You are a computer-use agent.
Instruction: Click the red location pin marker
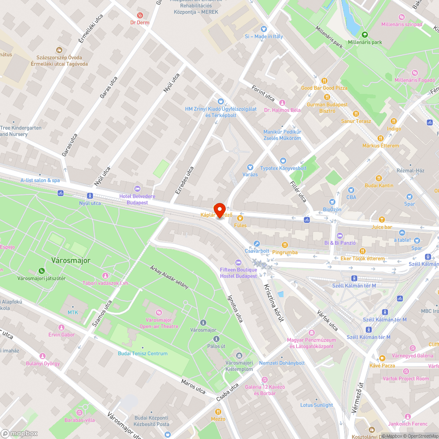tap(219, 210)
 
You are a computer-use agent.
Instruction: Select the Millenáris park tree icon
tap(364, 35)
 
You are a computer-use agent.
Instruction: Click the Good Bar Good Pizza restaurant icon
tap(324, 81)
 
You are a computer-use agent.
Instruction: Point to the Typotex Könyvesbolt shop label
tap(283, 168)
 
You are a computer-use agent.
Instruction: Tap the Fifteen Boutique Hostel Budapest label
tap(238, 273)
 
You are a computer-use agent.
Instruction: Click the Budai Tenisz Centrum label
tap(142, 353)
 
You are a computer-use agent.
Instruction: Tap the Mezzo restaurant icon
tap(218, 411)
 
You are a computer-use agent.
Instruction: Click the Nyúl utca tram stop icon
tap(90, 196)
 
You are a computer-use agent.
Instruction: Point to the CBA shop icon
tap(351, 190)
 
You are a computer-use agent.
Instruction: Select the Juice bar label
tap(381, 227)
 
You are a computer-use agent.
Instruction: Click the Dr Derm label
tap(140, 22)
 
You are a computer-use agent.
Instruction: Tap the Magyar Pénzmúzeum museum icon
tap(312, 333)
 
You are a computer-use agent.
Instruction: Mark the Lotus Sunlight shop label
tap(317, 405)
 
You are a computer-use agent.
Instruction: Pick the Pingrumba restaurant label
tap(284, 252)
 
